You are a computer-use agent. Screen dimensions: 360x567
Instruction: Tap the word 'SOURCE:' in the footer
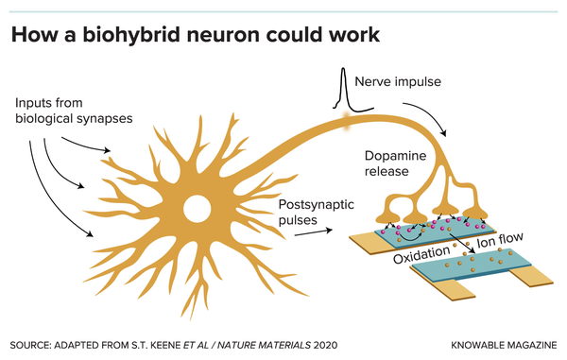(x=34, y=341)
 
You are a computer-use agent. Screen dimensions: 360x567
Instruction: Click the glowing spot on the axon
(x=347, y=120)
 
